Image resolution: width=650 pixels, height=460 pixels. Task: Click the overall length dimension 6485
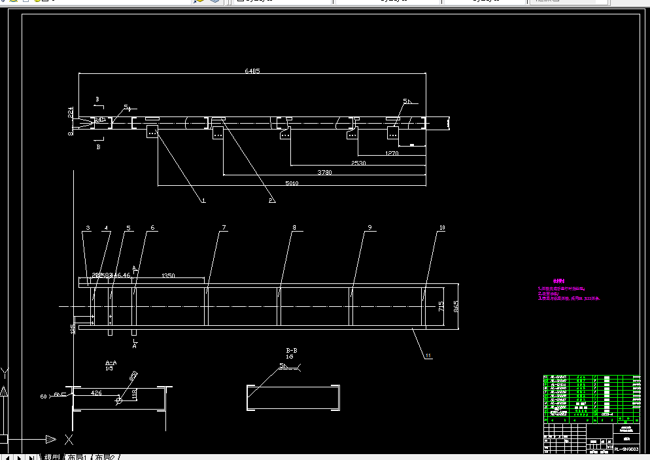(x=252, y=71)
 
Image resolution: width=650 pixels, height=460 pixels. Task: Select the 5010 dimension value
(x=292, y=183)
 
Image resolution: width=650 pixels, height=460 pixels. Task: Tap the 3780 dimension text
(x=324, y=173)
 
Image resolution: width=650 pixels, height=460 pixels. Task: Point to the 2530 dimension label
(x=358, y=162)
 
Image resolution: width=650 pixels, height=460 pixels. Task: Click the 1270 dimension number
(x=392, y=153)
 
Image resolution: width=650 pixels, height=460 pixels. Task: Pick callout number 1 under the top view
(x=203, y=200)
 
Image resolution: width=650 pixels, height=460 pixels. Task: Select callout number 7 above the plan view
(x=224, y=228)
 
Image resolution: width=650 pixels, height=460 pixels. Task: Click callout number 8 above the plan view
(x=294, y=228)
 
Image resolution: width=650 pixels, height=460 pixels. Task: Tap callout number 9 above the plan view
(x=369, y=228)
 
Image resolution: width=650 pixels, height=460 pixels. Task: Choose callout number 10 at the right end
(x=442, y=228)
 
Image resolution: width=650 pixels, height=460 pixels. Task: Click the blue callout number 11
(x=428, y=355)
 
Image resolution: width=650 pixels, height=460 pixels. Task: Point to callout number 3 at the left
(x=87, y=228)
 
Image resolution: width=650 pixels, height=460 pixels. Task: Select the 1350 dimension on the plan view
(x=168, y=276)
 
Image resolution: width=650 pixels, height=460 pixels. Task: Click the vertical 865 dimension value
(x=456, y=306)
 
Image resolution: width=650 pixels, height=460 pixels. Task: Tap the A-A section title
(x=111, y=362)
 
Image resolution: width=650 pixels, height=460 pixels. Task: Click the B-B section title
(x=292, y=351)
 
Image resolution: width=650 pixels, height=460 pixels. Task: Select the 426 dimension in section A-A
(x=96, y=393)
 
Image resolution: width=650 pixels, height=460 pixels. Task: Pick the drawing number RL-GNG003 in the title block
(x=626, y=450)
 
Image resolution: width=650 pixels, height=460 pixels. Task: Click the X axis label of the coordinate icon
(x=69, y=439)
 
